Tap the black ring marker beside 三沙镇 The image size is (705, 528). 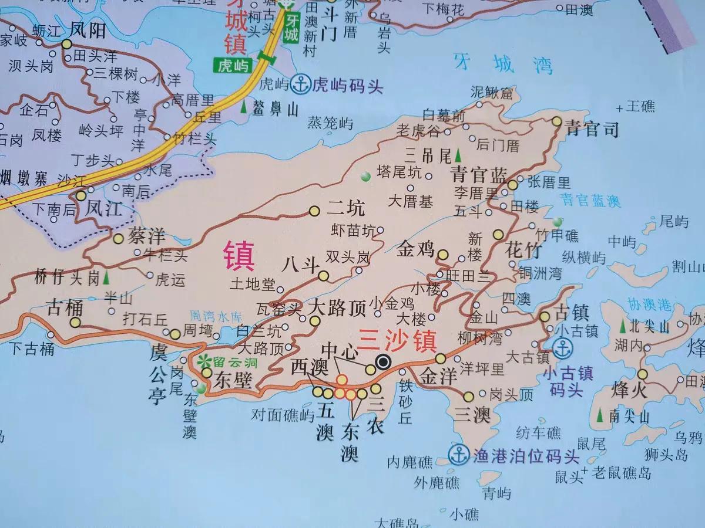384,362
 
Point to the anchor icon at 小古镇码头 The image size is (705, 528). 563,349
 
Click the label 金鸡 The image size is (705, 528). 415,249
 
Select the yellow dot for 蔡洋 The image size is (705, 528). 118,239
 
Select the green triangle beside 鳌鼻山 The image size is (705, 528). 244,108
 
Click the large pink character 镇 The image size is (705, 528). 239,256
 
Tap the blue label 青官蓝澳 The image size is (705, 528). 590,201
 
